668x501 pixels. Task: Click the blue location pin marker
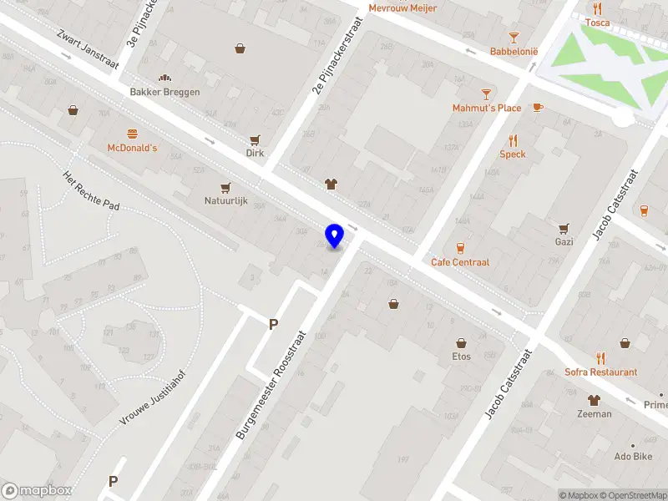point(335,235)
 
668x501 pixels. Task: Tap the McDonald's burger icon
point(132,134)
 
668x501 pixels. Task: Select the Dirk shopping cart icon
point(255,140)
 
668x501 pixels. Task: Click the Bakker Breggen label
point(164,92)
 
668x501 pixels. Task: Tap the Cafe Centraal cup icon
point(459,248)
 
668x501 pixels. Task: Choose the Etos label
point(461,357)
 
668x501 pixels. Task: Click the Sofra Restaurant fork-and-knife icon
point(600,358)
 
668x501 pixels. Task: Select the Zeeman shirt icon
point(594,400)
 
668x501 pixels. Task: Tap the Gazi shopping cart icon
point(564,228)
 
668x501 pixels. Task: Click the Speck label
point(513,154)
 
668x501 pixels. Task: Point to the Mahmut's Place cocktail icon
point(486,94)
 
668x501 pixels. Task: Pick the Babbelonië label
point(514,52)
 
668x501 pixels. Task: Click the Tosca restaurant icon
point(597,8)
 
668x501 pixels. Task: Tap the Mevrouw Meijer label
point(402,8)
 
